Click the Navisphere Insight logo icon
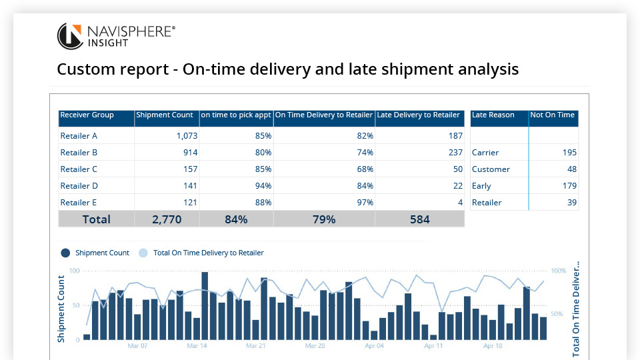click(70, 36)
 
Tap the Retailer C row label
click(79, 169)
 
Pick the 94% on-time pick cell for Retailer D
click(263, 185)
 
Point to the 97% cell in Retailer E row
click(365, 202)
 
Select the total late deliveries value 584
click(419, 219)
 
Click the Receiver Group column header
click(87, 115)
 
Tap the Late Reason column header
click(493, 115)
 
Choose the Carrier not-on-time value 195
click(569, 152)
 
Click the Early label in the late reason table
click(481, 185)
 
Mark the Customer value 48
click(571, 169)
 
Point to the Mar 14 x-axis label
click(197, 346)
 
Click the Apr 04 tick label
click(374, 346)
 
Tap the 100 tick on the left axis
click(74, 271)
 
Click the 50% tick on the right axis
click(558, 314)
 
